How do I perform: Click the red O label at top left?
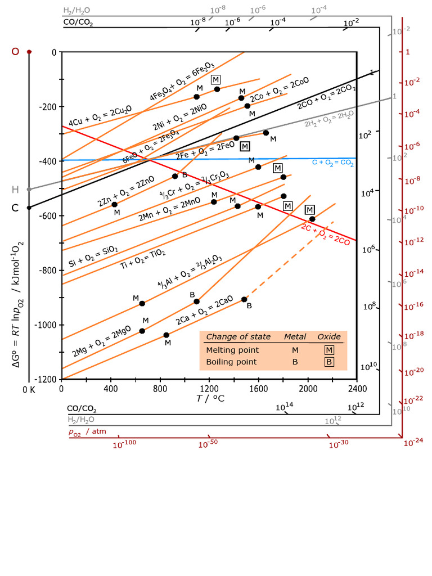click(x=15, y=51)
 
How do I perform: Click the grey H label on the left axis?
click(x=15, y=189)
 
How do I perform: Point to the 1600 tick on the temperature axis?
click(x=258, y=388)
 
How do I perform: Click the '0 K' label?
click(x=28, y=390)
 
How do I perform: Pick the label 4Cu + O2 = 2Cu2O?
click(x=100, y=116)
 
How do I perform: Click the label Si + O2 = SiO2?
click(x=93, y=255)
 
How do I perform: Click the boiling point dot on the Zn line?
click(x=175, y=176)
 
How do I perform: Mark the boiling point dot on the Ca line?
click(x=244, y=299)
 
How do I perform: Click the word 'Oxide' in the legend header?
click(x=329, y=337)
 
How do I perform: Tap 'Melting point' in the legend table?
click(x=232, y=350)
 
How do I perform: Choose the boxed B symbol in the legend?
click(x=329, y=362)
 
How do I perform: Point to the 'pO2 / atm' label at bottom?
click(x=87, y=432)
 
